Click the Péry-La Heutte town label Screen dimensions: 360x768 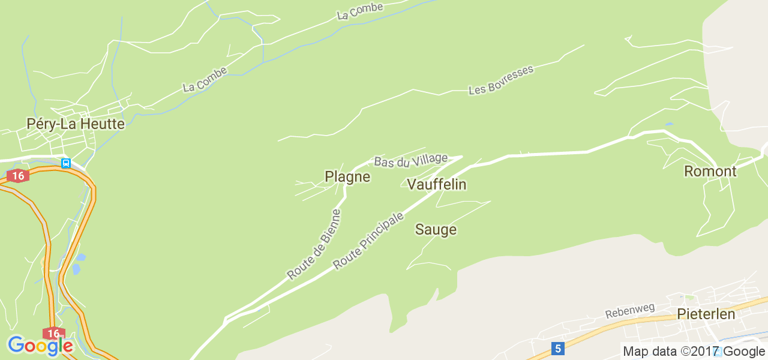tap(76, 124)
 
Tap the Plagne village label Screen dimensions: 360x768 tap(347, 176)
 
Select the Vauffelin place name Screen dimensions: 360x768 tap(436, 184)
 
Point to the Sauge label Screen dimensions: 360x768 tap(436, 230)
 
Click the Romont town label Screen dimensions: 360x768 tap(710, 172)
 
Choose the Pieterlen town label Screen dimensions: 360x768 tap(706, 314)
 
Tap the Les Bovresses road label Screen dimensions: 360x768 tap(500, 80)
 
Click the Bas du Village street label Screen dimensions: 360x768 tap(410, 160)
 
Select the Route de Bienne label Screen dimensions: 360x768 tap(313, 245)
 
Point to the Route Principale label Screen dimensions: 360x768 tap(368, 241)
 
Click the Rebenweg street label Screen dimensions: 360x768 tap(629, 311)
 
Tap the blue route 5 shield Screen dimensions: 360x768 tap(558, 348)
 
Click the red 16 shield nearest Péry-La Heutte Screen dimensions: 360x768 tap(19, 176)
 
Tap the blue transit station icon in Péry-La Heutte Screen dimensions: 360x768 tap(66, 163)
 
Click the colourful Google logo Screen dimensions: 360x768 tap(40, 346)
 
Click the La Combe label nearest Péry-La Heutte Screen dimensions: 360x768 tap(205, 80)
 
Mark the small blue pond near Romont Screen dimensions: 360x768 tap(669, 124)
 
